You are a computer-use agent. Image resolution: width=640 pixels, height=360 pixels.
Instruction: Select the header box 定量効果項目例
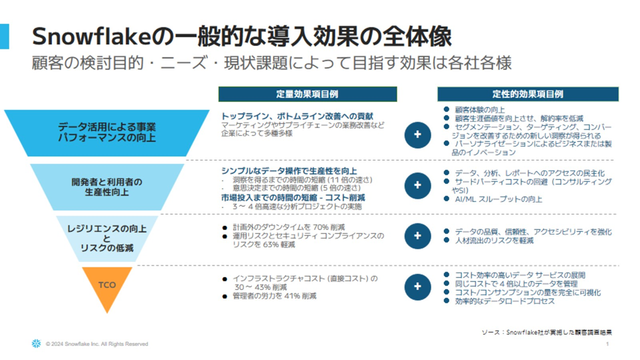tap(307, 94)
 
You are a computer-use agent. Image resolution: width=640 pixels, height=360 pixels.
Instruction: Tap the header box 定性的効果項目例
tap(527, 94)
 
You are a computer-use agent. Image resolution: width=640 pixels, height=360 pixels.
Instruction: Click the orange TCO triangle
tap(107, 285)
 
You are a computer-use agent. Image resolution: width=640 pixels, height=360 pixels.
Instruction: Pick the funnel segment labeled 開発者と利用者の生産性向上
tap(107, 187)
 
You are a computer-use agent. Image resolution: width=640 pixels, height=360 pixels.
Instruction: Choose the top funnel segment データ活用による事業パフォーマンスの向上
tap(107, 132)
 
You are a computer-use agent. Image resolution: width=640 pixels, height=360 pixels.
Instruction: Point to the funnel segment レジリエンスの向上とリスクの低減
tap(107, 237)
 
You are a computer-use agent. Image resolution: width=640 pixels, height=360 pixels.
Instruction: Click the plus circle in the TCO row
tap(417, 286)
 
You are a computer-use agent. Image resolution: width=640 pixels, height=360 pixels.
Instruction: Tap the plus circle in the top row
tap(417, 134)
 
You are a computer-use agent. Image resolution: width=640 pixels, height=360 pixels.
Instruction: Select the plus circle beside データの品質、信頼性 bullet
tap(417, 235)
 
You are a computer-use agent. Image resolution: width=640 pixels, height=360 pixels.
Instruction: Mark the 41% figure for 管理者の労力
tap(293, 295)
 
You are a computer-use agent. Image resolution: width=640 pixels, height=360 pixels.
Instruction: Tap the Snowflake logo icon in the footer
tap(35, 343)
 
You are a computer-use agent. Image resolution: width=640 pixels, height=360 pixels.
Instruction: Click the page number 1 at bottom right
tap(608, 344)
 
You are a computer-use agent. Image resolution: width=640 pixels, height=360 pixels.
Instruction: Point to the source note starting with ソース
tap(546, 331)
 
